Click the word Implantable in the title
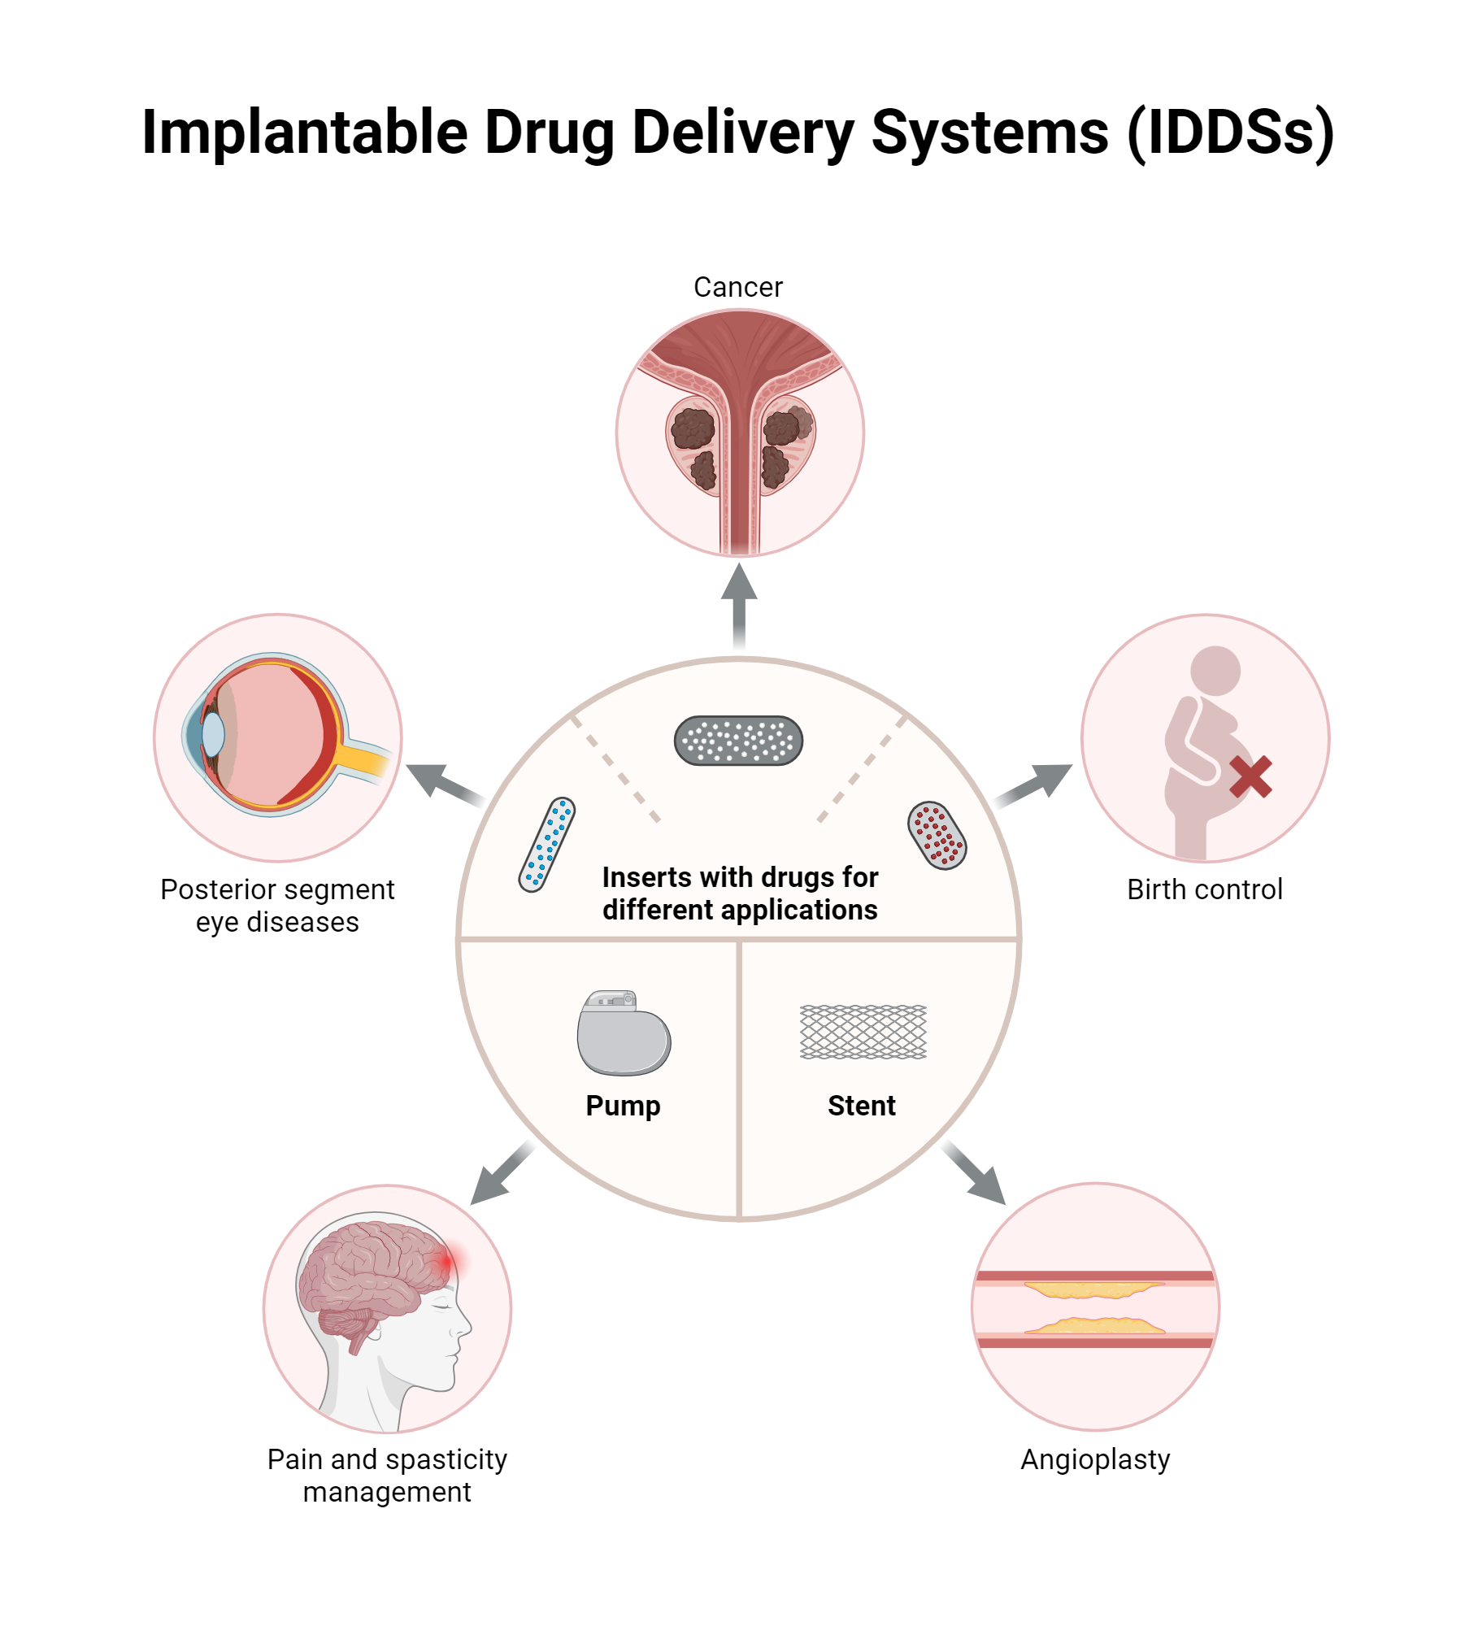click(305, 133)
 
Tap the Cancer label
click(737, 287)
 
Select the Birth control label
click(1204, 889)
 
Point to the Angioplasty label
click(1095, 1459)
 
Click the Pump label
click(623, 1106)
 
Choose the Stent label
click(861, 1106)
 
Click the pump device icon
click(624, 1033)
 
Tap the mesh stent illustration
click(863, 1032)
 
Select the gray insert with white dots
click(738, 741)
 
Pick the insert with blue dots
click(547, 845)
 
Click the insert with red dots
click(937, 835)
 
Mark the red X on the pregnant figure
click(1250, 776)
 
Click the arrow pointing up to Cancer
click(739, 606)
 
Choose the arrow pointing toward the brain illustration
click(500, 1173)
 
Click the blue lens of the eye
click(213, 734)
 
